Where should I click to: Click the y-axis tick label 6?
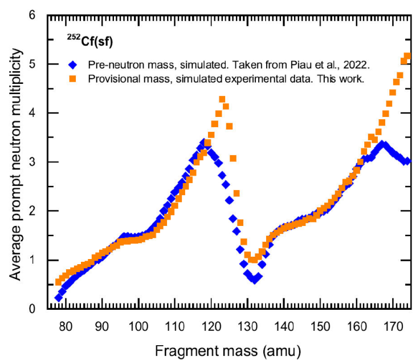coord(32,15)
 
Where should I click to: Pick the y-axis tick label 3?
coord(32,162)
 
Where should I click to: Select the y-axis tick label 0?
coord(32,309)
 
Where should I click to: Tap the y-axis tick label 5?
coord(32,64)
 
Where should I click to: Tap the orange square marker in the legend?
coord(71,78)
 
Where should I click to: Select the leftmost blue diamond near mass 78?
coord(59,298)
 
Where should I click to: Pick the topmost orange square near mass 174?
coord(407,56)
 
